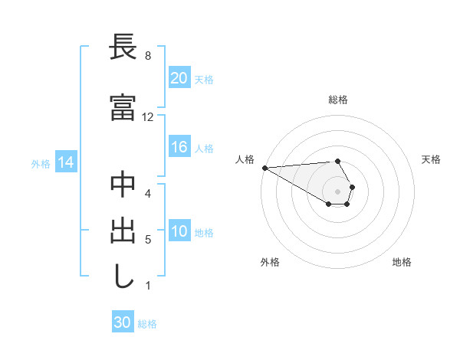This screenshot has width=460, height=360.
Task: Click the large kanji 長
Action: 123,48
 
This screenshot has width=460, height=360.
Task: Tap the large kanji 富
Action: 123,108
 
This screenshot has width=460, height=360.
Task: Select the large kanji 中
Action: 123,186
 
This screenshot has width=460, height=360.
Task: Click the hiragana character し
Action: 123,276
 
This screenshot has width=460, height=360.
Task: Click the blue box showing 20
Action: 179,78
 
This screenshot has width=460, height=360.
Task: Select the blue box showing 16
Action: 179,148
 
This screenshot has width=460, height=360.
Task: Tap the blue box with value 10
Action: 179,232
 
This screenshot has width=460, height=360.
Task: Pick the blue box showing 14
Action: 65,162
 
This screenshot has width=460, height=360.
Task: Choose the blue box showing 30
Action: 123,322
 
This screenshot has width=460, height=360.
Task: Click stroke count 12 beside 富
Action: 148,117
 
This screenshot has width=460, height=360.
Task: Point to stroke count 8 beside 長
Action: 147,56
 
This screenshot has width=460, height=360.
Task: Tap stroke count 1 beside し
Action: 147,286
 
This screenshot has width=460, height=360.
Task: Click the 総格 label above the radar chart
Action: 337,100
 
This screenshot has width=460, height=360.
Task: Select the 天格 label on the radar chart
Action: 431,159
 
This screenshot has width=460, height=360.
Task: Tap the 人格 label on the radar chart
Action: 245,159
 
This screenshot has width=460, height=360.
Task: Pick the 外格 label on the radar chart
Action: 270,262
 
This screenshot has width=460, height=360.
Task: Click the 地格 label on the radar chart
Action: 402,262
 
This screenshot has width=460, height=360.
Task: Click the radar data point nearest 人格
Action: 264,168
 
